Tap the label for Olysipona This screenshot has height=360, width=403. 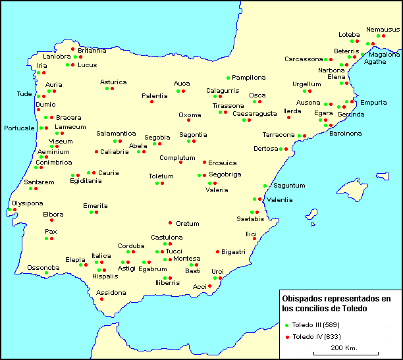click(27, 203)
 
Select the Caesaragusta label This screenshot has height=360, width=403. click(255, 114)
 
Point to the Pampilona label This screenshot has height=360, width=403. click(249, 77)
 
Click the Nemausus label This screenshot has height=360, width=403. click(383, 30)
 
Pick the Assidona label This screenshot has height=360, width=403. click(111, 292)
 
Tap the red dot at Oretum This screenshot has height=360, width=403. click(171, 222)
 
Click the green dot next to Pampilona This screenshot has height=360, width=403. click(228, 78)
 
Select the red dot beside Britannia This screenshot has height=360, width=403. click(72, 49)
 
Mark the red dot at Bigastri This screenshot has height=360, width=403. click(218, 251)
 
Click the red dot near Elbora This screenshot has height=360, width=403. click(51, 220)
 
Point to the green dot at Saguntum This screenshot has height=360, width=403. click(265, 186)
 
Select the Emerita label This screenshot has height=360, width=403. click(95, 206)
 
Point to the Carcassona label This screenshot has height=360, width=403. click(304, 59)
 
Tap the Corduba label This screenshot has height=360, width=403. click(131, 246)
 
